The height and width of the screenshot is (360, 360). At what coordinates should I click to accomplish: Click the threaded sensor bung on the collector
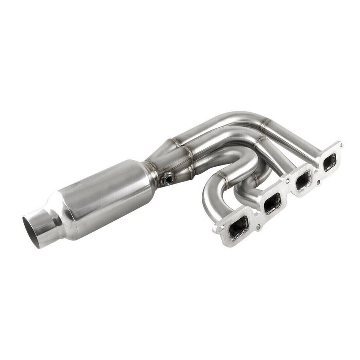click(x=167, y=178)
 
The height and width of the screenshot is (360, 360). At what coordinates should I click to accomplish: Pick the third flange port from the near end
click(x=303, y=181)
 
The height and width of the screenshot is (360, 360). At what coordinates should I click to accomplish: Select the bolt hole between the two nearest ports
click(x=258, y=227)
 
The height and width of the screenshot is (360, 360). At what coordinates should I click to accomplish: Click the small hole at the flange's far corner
click(x=340, y=144)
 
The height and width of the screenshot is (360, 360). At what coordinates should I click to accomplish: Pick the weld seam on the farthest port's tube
click(x=265, y=124)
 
